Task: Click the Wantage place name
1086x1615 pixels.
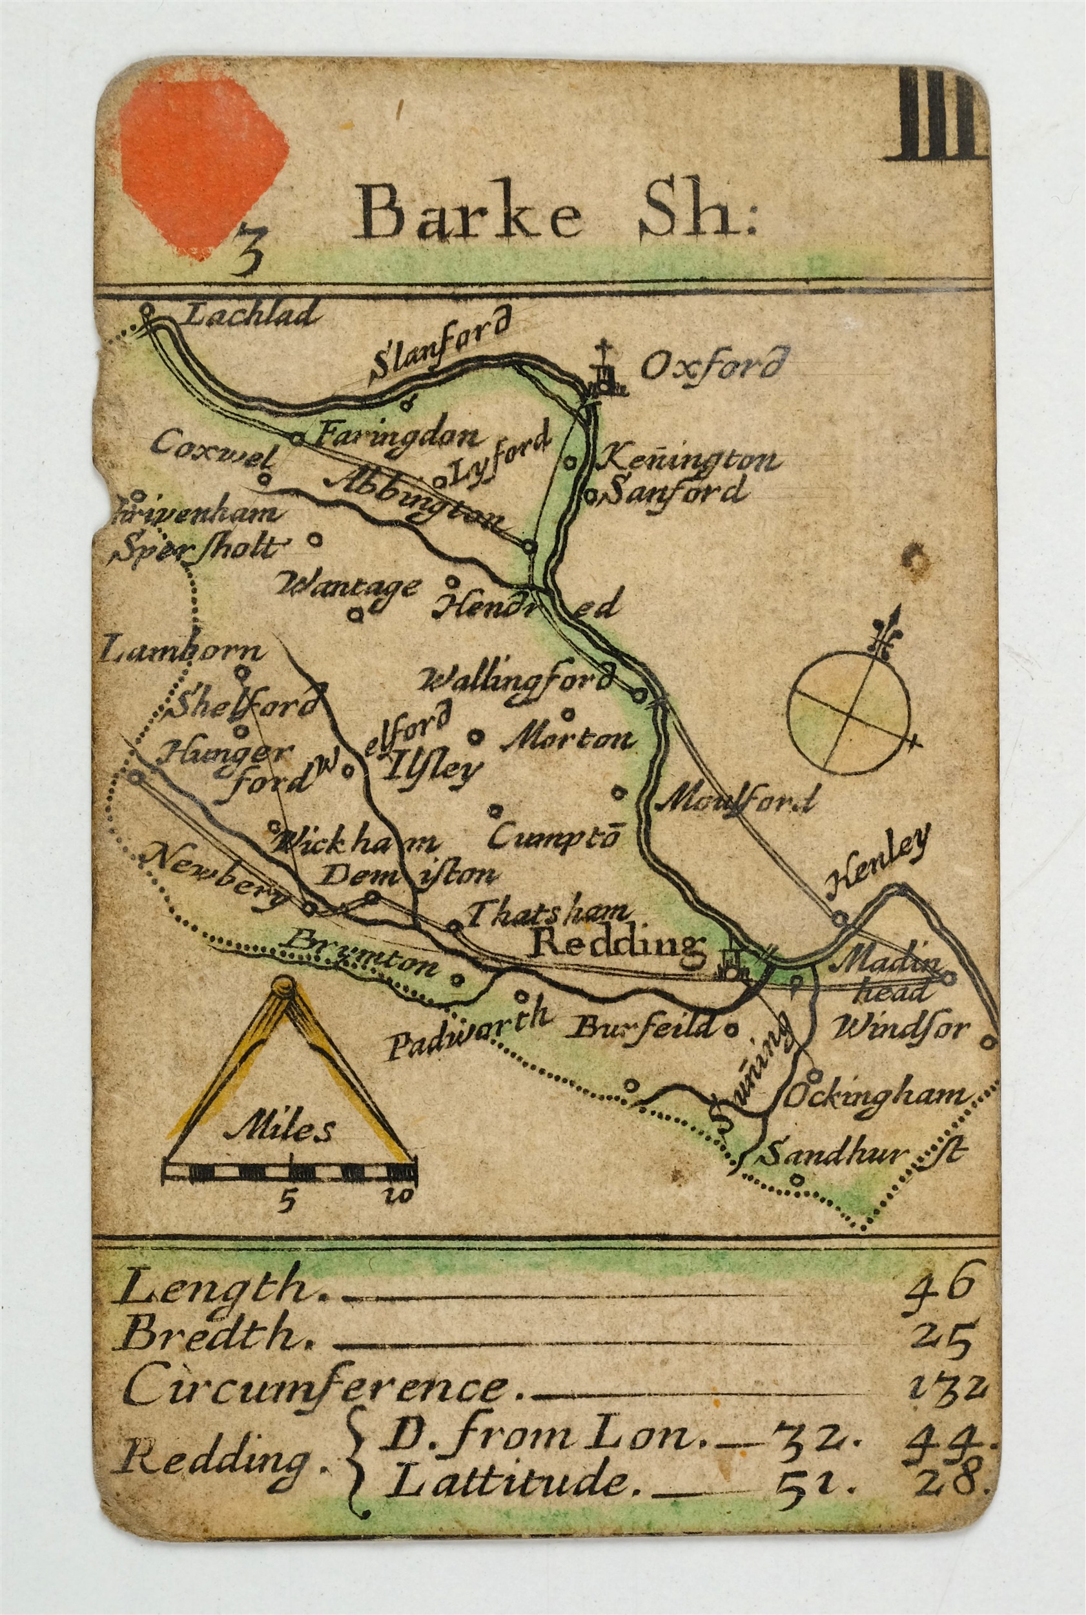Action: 346,586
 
